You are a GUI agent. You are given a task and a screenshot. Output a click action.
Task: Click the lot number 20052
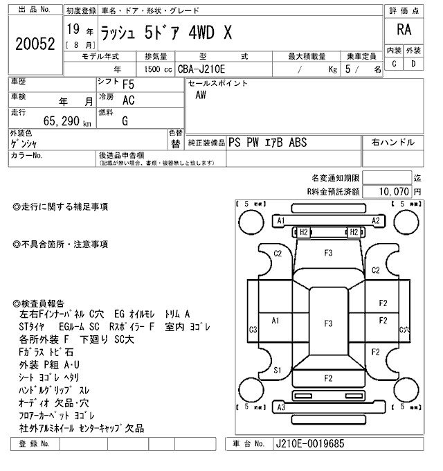pos(35,43)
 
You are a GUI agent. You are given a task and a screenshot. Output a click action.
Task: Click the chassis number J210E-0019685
pos(309,443)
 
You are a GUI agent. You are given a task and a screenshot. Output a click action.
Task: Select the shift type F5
pos(129,85)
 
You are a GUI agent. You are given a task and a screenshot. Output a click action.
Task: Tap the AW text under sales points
pos(201,96)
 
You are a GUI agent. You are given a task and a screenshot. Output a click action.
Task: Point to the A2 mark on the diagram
pos(377,220)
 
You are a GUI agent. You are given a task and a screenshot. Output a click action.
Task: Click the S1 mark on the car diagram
pos(278,371)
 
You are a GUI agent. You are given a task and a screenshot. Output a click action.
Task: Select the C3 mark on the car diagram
pos(254,329)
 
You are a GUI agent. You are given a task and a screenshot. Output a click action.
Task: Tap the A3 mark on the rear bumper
pos(281,407)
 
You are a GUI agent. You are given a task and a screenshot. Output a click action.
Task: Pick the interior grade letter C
pos(395,64)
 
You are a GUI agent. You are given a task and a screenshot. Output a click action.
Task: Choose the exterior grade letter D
pos(413,64)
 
